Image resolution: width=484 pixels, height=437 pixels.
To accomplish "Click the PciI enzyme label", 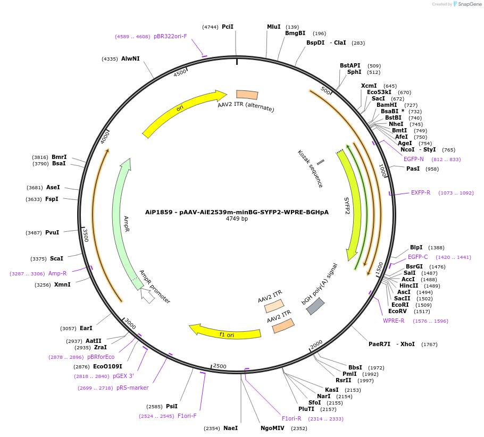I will tap(228, 27).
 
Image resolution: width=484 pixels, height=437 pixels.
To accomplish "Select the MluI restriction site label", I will tap(273, 27).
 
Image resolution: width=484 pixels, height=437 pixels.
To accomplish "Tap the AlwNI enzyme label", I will tap(130, 58).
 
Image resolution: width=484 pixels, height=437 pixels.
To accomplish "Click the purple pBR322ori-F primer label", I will tap(170, 37).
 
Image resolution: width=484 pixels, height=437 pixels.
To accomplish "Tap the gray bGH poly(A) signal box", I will tap(315, 306).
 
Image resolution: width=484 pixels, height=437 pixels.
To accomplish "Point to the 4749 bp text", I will tap(237, 218).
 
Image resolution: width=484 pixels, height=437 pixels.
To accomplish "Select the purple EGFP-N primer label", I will tap(414, 159).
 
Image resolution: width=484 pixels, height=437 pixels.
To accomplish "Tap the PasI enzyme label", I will tap(413, 169).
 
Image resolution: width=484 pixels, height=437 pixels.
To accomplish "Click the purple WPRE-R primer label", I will tap(394, 321).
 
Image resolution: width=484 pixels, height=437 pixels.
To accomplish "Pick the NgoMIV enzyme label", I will tap(272, 428).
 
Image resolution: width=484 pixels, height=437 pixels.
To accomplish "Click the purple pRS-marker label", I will tap(132, 388).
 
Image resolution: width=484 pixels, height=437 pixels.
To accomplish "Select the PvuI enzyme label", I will tap(52, 232).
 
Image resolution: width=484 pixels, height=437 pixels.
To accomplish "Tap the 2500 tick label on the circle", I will tap(219, 366).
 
